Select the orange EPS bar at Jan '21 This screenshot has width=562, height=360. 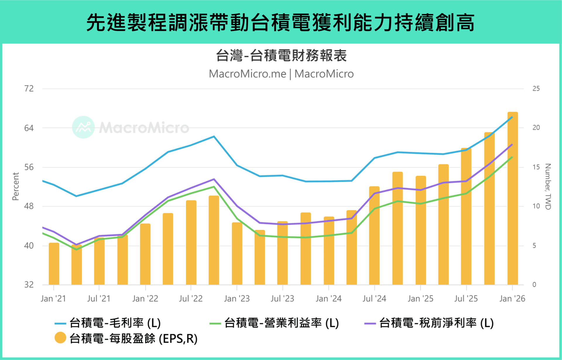[54, 264]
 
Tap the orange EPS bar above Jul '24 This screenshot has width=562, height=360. [374, 236]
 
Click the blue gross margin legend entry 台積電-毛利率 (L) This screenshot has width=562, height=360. [108, 323]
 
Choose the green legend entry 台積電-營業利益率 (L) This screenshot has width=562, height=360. [274, 323]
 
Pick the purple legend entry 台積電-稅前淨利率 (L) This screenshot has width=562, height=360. [429, 323]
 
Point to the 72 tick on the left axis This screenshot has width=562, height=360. [29, 88]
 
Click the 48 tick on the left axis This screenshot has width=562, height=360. [29, 206]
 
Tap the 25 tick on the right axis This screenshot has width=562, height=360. [536, 88]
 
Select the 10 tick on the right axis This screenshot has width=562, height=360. [536, 206]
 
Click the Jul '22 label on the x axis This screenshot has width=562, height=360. [191, 298]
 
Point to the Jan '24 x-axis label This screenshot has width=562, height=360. [328, 298]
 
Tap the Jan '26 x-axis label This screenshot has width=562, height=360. [512, 298]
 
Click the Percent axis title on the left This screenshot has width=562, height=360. [16, 186]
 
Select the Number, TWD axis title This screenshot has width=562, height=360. [548, 187]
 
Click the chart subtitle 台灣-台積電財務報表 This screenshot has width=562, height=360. [281, 55]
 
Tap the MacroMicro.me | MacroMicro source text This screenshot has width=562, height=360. [281, 74]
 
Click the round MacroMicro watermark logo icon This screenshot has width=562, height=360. [83, 127]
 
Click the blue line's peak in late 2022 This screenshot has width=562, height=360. [214, 136]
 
